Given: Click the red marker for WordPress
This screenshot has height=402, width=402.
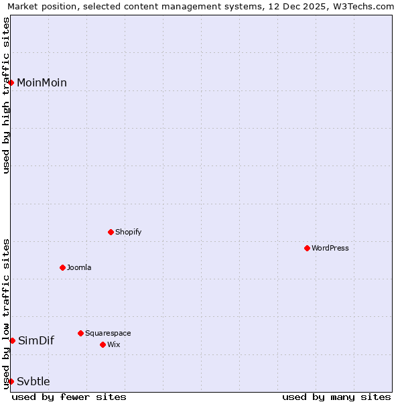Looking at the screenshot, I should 307,248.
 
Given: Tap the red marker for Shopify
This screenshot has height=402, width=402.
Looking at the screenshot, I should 111,232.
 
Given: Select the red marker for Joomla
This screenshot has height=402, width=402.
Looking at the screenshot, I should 62,267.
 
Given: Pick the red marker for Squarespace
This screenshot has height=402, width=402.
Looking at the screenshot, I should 80,333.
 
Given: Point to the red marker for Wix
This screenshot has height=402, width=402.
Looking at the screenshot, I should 103,344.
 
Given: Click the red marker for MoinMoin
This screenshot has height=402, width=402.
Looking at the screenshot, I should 11,82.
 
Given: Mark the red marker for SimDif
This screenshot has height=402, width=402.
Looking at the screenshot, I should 12,340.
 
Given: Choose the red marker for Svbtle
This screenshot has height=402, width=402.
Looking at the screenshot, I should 11,381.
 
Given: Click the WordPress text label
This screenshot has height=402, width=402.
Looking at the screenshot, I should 330,248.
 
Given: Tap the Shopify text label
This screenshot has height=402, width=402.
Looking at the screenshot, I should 128,232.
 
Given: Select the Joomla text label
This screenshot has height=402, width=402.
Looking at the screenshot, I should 79,267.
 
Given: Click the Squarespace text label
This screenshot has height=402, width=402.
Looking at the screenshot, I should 108,333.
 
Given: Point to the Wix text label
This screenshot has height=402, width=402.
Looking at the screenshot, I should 113,344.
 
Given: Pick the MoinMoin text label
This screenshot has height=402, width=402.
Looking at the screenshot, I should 42,82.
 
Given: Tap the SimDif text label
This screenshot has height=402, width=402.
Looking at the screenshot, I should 36,340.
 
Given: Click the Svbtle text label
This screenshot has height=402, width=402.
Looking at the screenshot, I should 33,381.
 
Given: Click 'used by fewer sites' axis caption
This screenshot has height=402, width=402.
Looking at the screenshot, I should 69,397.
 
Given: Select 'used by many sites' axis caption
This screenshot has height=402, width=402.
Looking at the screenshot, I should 336,397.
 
